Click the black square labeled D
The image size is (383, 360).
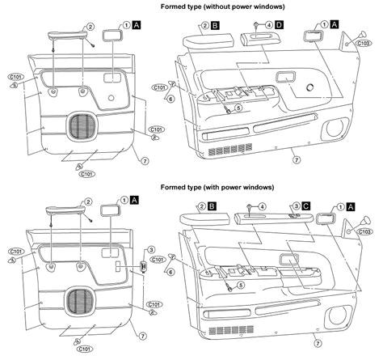(x=280, y=27)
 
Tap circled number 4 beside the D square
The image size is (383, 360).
(x=268, y=27)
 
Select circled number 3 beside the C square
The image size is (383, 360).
(x=297, y=206)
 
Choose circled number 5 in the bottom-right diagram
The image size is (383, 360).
(x=238, y=287)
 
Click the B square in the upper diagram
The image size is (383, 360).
(x=216, y=26)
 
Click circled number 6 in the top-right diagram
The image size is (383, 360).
(x=170, y=98)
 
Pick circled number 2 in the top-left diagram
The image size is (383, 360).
(x=90, y=26)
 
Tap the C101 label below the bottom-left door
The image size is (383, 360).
(x=82, y=349)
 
